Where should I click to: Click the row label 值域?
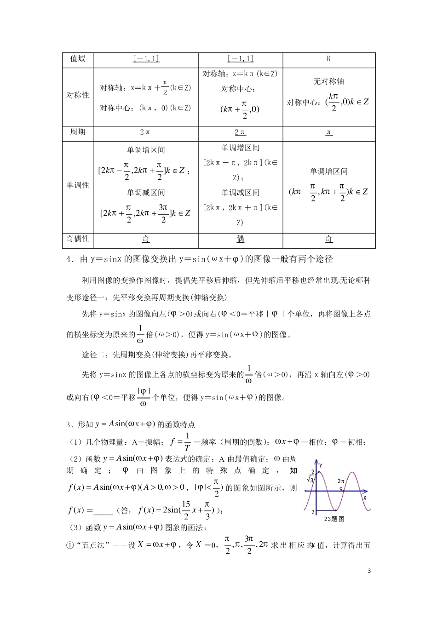78,59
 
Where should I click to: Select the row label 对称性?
78,96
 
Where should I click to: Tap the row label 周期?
78,132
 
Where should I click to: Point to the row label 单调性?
78,185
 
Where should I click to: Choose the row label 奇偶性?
78,239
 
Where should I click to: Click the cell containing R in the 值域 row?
329,59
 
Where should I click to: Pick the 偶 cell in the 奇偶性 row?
240,239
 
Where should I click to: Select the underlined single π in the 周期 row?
329,132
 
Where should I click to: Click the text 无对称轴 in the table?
328,81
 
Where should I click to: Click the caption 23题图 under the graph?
334,519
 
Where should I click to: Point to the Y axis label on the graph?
320,465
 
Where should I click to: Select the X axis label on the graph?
365,498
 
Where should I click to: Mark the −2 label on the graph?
310,512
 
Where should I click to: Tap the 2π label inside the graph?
341,481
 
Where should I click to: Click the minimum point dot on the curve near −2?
336,510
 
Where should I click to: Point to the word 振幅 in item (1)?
152,442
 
